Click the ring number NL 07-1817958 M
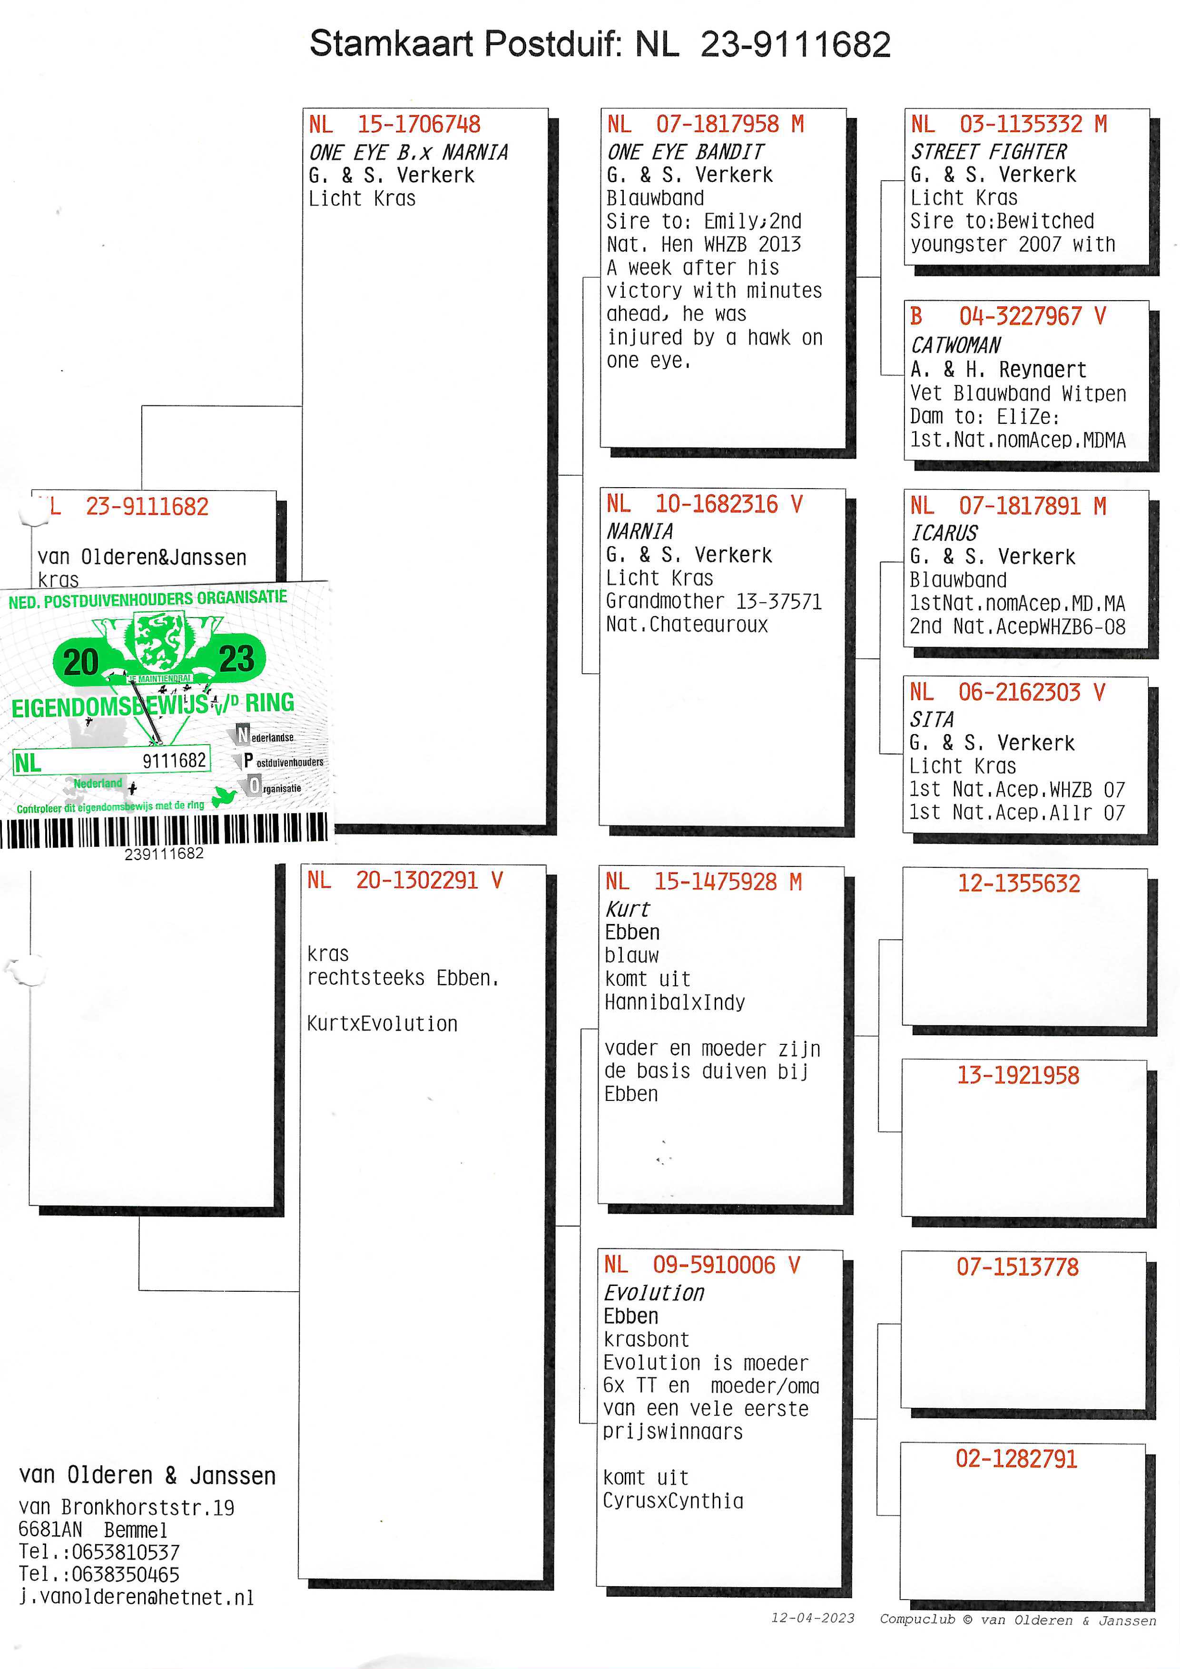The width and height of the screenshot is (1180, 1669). (x=705, y=124)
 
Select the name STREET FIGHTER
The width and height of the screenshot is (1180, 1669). (x=989, y=152)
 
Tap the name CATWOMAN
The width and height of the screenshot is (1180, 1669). (x=956, y=345)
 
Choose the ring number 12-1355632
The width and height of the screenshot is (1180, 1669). (x=1019, y=883)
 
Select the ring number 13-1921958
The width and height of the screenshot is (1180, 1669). (x=1018, y=1075)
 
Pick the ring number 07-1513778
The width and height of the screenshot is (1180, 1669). (x=1017, y=1267)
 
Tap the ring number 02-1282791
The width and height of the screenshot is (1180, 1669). (x=1016, y=1459)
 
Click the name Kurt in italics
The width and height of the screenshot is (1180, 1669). (x=628, y=909)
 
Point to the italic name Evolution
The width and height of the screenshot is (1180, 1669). (x=654, y=1293)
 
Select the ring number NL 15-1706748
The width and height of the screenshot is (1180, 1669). (x=395, y=124)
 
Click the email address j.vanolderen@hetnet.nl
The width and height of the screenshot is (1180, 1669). (x=137, y=1597)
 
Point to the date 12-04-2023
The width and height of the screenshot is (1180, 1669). (x=813, y=1618)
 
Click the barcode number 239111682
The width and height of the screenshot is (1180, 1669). (x=164, y=854)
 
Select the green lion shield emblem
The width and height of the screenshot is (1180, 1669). (x=159, y=642)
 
